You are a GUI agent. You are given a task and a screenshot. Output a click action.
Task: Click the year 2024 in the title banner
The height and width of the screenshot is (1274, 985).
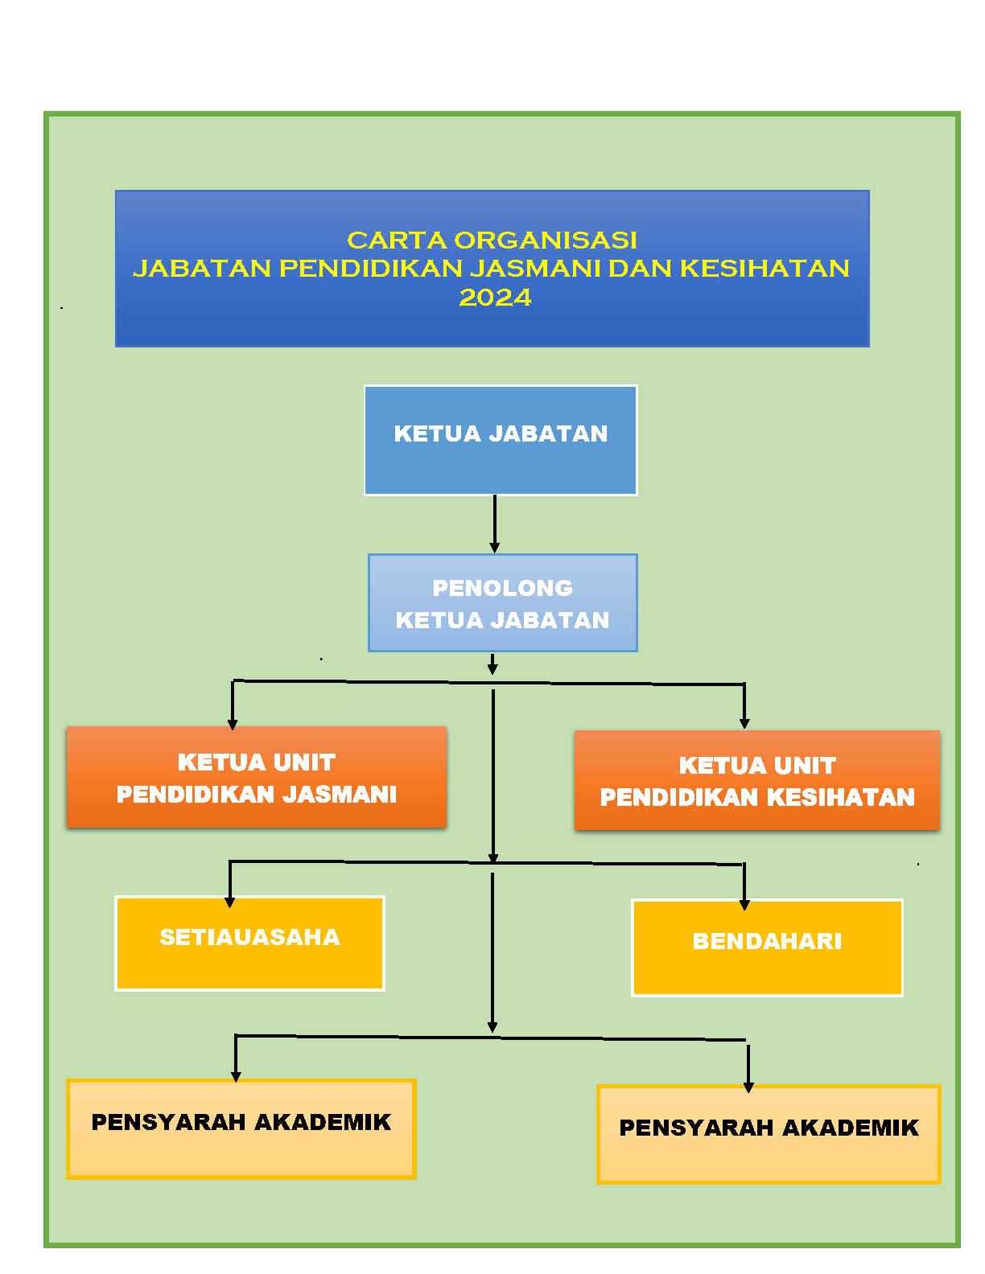pos(495,298)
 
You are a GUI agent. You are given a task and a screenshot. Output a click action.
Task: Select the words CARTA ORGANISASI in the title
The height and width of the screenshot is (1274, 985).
pos(492,240)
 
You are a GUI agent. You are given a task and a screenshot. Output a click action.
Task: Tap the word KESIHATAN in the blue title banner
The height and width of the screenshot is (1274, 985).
pos(765,269)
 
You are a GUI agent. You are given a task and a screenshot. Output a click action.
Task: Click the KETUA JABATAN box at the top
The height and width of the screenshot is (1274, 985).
pos(501,440)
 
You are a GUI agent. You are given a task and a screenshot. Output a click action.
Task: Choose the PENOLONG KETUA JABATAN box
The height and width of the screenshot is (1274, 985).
pos(503,602)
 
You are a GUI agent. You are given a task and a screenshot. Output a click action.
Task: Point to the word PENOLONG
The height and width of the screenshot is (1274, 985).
pos(502,588)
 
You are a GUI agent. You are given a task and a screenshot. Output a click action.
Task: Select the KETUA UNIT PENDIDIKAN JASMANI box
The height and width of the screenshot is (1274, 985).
pos(257,777)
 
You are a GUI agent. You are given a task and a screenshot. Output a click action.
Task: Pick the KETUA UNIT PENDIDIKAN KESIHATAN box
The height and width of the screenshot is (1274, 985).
pos(756,780)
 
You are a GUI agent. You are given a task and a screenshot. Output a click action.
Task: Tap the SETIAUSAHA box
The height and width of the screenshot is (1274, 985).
pos(250,943)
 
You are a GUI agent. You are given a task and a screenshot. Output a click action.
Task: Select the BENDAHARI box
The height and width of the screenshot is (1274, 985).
pos(767,947)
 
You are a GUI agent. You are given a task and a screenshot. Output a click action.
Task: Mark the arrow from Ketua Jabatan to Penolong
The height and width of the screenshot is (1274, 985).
pos(495,524)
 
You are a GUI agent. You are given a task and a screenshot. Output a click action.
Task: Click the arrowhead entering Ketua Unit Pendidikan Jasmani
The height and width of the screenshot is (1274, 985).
pos(233,725)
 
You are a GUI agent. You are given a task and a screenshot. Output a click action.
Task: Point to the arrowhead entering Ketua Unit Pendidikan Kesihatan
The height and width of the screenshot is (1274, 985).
pos(744,724)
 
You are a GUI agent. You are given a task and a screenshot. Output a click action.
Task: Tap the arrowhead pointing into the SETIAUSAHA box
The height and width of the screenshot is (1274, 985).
pos(230,902)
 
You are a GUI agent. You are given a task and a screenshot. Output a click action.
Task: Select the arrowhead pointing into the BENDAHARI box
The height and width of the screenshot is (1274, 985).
pos(744,905)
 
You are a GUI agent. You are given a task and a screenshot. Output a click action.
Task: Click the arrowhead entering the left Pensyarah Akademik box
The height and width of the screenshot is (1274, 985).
pos(236,1076)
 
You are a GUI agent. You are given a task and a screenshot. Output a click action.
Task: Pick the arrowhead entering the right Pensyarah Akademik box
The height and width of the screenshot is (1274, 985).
pos(748,1087)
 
